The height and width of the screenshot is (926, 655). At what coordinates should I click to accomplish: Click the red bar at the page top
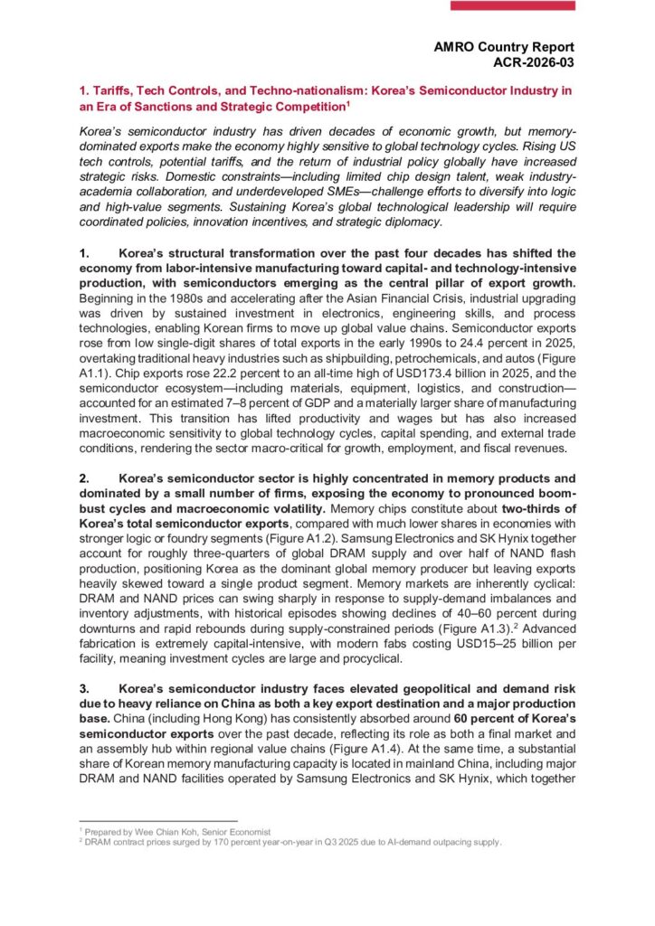click(512, 5)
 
